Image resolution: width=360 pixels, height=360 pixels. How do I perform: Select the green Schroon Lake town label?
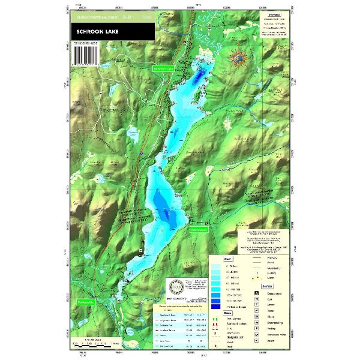(164, 69)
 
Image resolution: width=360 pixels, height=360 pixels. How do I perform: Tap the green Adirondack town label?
(199, 229)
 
